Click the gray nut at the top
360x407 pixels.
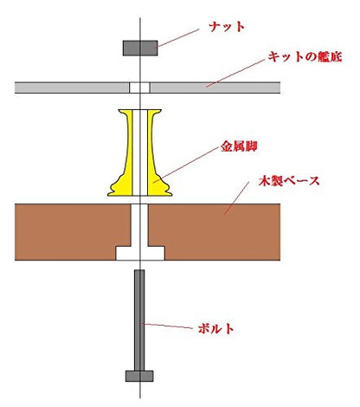(140, 48)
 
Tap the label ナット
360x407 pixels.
(227, 27)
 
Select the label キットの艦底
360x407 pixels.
(305, 56)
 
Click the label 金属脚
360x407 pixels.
(239, 147)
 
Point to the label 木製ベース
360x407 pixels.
(289, 181)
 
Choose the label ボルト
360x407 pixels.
(216, 329)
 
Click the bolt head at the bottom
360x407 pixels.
(139, 376)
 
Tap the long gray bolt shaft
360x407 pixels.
(139, 320)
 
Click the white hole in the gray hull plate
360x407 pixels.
(139, 87)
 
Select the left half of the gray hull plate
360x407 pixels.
(72, 87)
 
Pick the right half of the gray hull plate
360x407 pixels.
(215, 87)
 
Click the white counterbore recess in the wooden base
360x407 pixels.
(140, 253)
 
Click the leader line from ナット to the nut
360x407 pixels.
(178, 38)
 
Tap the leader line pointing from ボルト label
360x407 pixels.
(168, 326)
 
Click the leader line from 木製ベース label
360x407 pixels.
(237, 198)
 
